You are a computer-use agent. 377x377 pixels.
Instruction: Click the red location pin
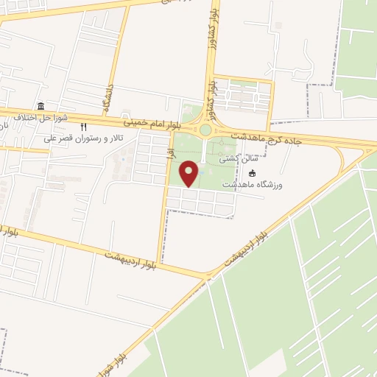pyautogui.click(x=190, y=175)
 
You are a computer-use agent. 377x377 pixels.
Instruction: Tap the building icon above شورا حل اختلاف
pyautogui.click(x=40, y=106)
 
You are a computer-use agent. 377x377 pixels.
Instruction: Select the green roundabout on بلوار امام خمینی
pyautogui.click(x=205, y=130)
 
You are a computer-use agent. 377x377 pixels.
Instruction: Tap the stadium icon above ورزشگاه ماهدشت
pyautogui.click(x=253, y=174)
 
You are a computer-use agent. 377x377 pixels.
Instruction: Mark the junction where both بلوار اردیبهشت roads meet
pyautogui.click(x=207, y=277)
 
